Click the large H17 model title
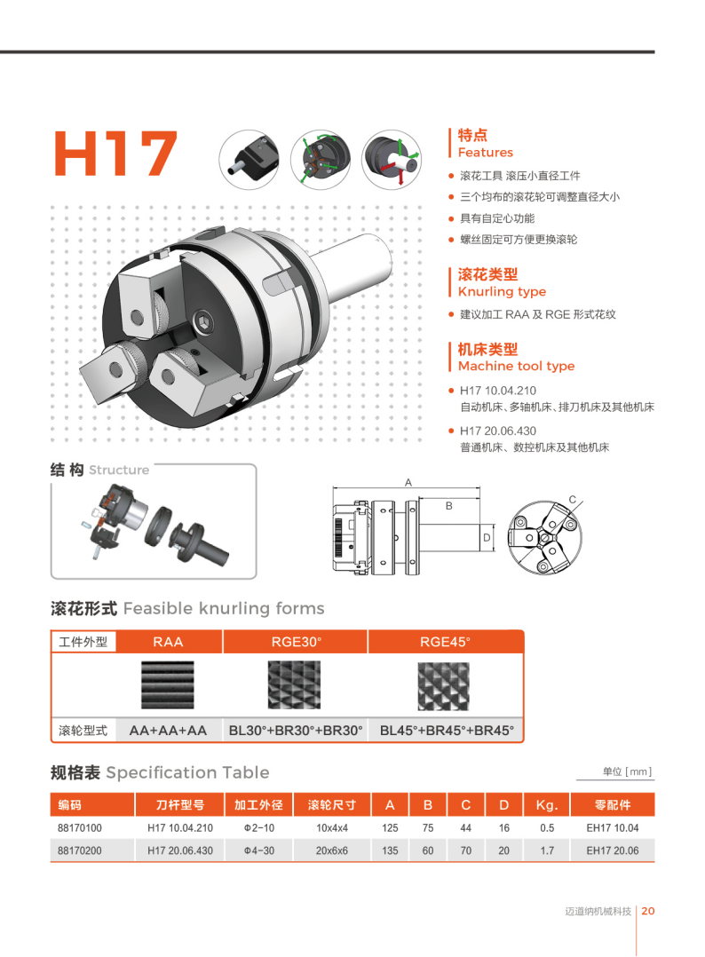coord(115,154)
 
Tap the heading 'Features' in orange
coord(486,153)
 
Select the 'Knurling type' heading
coord(502,292)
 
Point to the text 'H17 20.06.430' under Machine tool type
coord(497,431)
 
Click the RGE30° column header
coord(296,642)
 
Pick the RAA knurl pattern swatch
coord(167,684)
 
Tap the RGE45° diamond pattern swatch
coord(443,686)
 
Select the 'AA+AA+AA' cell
coord(168,731)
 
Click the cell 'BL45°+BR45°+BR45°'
coord(447,731)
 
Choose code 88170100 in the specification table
coord(79,828)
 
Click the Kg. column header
coord(547,805)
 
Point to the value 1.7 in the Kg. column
coord(547,850)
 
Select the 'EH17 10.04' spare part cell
coord(613,828)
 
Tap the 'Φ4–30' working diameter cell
coord(258,850)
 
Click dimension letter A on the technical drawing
coord(408,483)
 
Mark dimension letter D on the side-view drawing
coord(487,538)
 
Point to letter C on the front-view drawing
coord(572,499)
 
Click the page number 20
coord(648,911)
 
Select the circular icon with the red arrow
coord(392,159)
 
